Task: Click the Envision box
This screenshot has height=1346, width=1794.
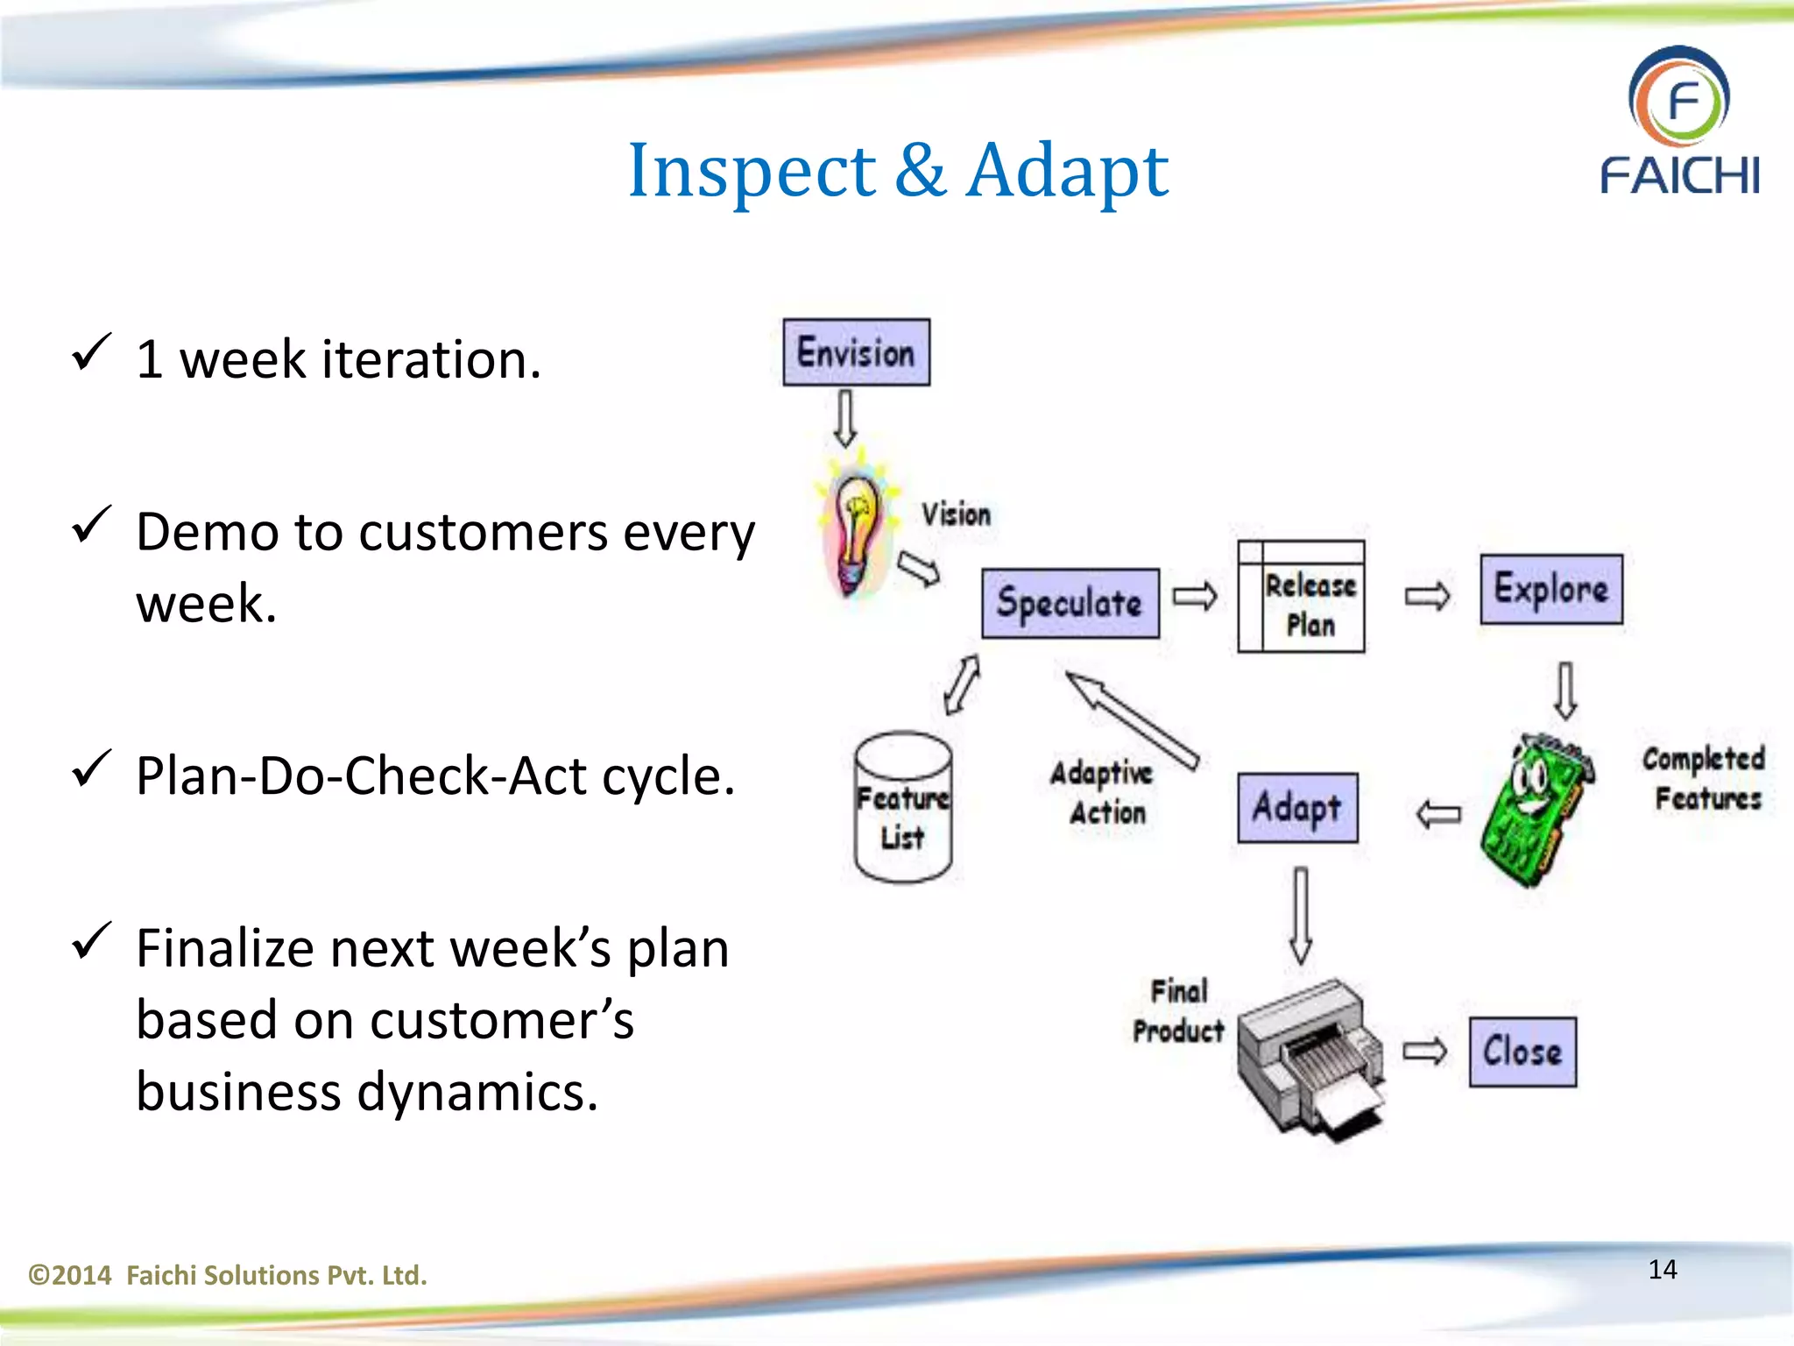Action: (x=856, y=352)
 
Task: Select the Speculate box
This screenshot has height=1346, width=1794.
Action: (x=1070, y=603)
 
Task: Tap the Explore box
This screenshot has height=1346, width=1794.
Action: (x=1550, y=589)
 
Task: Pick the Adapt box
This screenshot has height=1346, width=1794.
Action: (x=1297, y=807)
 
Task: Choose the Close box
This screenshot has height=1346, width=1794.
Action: (x=1522, y=1051)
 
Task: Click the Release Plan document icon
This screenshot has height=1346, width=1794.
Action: (x=1301, y=597)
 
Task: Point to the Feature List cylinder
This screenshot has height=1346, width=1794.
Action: (x=903, y=807)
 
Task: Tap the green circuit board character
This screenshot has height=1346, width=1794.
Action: (x=1536, y=808)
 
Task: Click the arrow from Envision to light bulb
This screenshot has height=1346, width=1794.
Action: (x=844, y=418)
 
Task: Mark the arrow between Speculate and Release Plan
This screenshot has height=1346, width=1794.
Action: (x=1195, y=597)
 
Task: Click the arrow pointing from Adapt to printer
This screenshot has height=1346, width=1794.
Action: (x=1301, y=916)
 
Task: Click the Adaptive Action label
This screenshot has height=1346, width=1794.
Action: (x=1105, y=792)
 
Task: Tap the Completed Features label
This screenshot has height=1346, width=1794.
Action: (x=1705, y=778)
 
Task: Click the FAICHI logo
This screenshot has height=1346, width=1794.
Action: (x=1679, y=122)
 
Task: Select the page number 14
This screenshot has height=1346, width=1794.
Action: (x=1662, y=1269)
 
